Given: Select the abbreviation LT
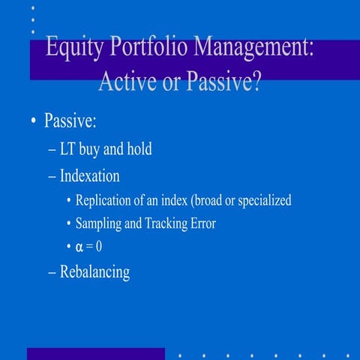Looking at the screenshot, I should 68,149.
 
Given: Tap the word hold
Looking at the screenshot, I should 139,149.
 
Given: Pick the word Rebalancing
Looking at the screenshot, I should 94,271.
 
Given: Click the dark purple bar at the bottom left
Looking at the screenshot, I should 95,353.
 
